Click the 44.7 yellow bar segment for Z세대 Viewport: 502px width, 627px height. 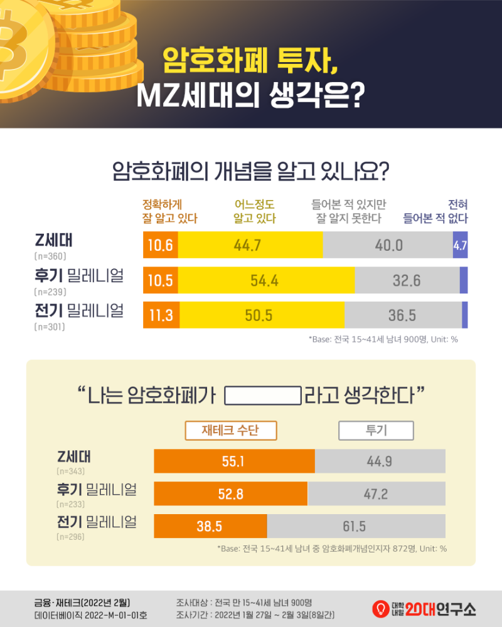250,245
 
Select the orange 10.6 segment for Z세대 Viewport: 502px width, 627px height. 161,245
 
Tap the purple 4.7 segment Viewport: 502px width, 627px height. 460,245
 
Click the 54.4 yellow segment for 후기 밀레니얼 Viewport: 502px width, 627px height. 266,280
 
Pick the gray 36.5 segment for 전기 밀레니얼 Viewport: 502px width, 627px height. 403,315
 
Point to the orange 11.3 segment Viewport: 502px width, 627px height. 161,315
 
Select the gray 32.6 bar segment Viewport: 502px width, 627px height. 407,280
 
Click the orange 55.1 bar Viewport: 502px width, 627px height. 234,461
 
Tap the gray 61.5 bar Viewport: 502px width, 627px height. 356,526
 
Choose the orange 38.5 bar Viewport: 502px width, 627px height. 210,526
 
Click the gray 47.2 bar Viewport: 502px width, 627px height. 376,493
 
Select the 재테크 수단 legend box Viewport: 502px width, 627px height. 230,430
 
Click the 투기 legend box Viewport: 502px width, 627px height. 376,430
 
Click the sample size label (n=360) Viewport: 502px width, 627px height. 50,256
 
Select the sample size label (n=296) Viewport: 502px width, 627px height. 70,537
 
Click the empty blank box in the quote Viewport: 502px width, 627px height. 263,396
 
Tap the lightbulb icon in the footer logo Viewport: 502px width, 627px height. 380,608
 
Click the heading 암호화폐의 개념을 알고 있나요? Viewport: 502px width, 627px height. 251,171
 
